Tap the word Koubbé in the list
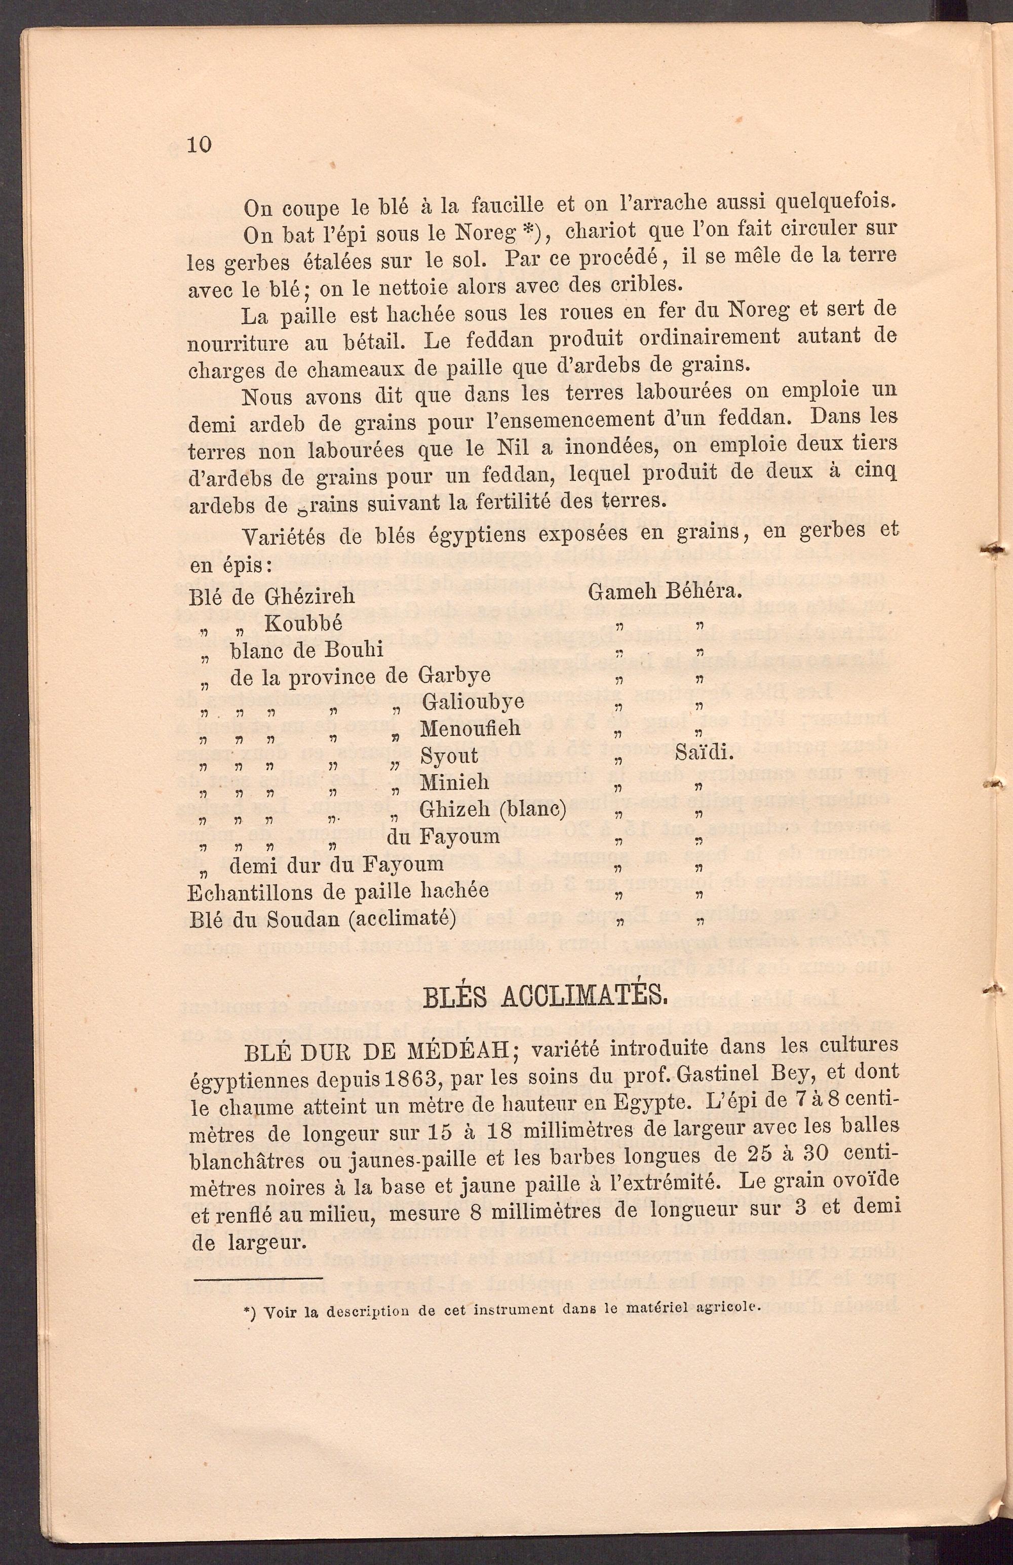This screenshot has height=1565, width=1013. point(303,623)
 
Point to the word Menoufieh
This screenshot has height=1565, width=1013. point(470,729)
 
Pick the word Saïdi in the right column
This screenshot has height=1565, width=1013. point(704,753)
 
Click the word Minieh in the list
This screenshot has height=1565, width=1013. point(454,782)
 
